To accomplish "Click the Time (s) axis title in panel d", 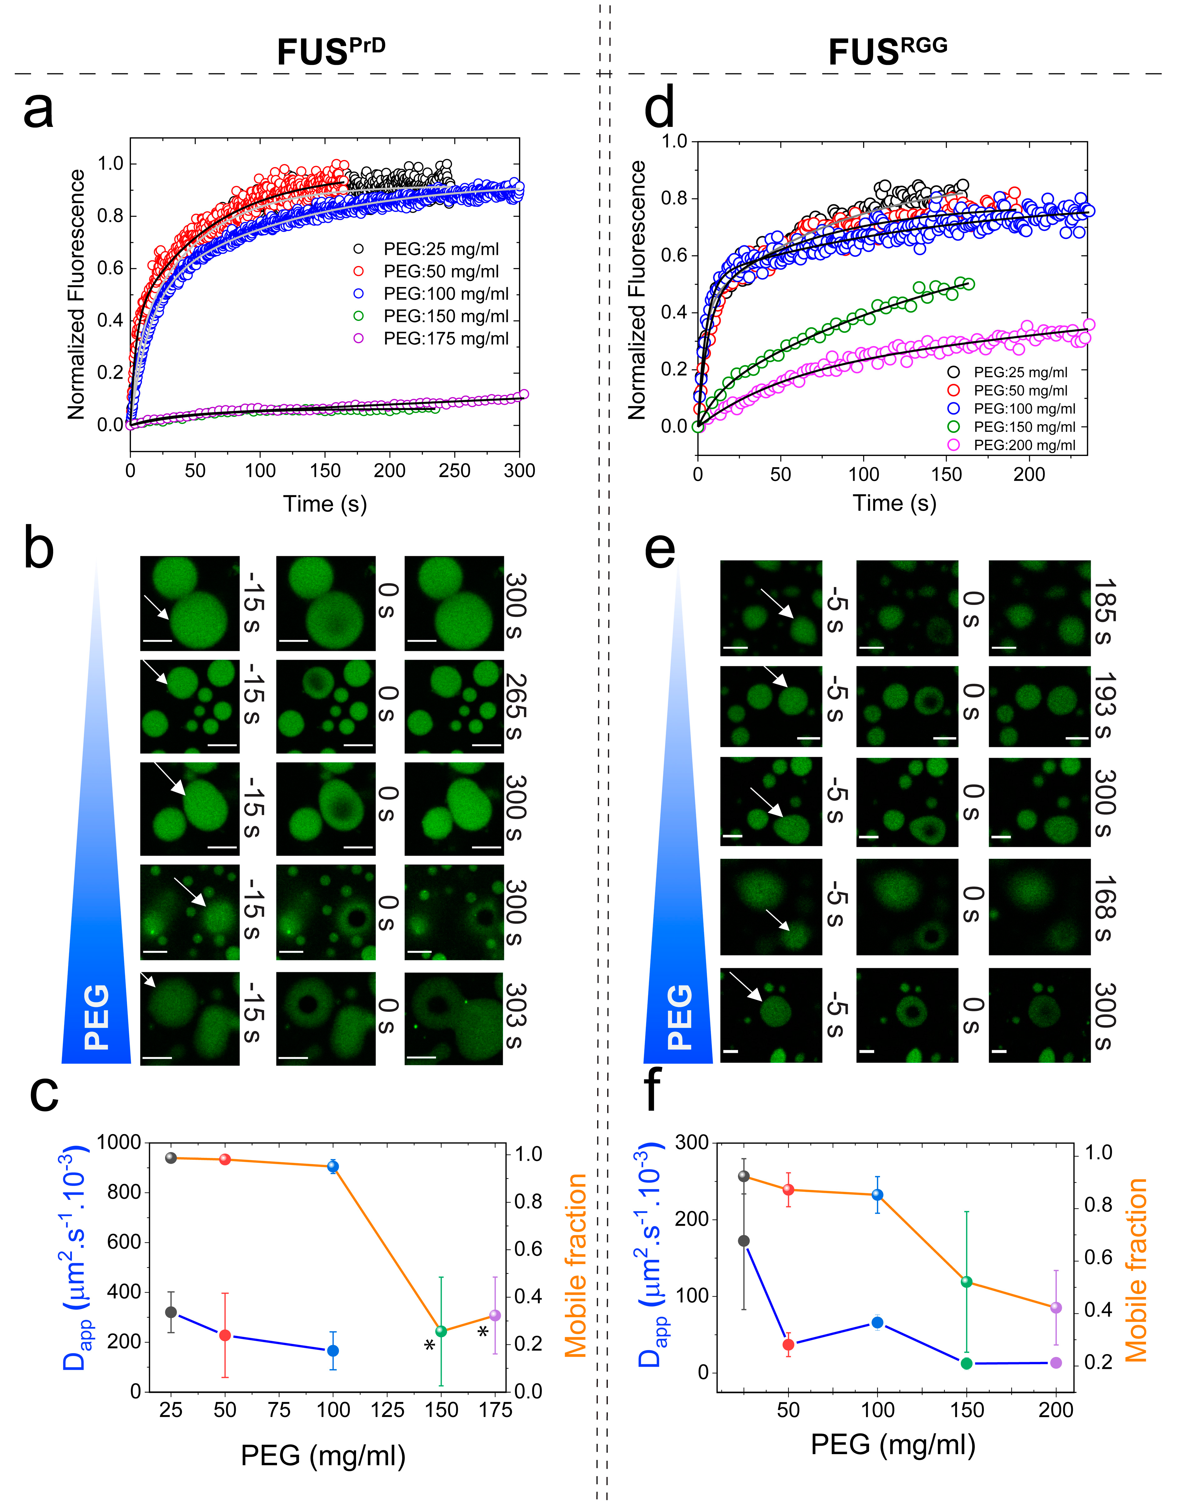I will [x=894, y=503].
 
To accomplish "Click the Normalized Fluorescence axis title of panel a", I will [x=76, y=295].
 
